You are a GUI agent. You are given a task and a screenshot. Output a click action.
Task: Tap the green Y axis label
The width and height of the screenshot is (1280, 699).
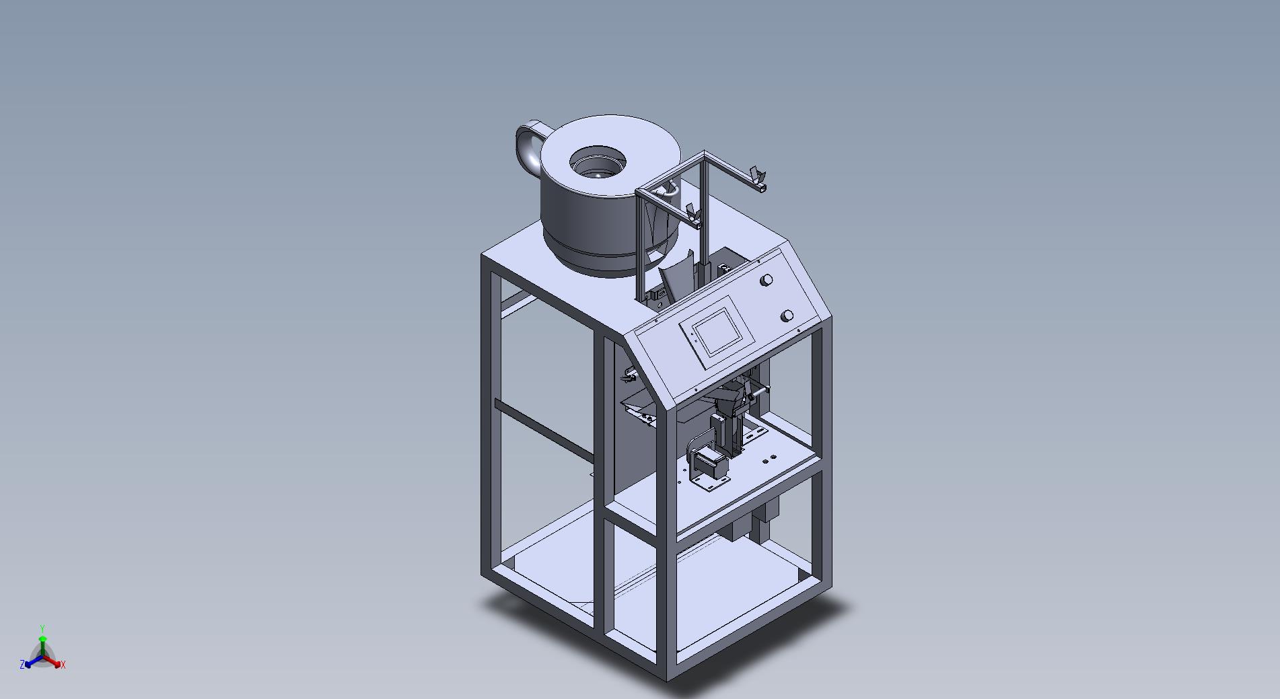point(42,628)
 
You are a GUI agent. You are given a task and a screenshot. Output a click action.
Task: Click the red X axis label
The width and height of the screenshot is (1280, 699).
point(63,665)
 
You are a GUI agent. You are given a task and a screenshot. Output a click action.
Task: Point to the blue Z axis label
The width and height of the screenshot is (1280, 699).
point(22,665)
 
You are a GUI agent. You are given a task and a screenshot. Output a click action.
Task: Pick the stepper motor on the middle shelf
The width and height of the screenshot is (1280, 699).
point(711,464)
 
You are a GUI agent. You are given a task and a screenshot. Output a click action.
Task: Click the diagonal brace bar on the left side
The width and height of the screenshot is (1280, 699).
point(544,427)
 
